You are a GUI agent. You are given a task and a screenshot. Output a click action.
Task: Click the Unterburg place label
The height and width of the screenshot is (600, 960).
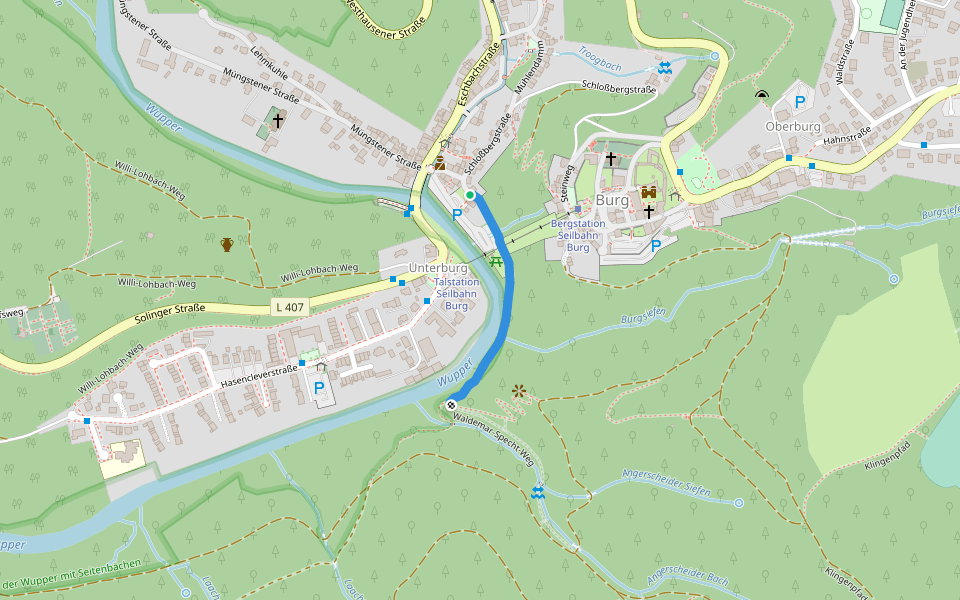tap(438, 269)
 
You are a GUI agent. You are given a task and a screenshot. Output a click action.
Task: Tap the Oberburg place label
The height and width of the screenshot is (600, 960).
tap(792, 127)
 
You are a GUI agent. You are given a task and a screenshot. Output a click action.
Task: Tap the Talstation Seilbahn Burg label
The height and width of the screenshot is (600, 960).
tap(456, 294)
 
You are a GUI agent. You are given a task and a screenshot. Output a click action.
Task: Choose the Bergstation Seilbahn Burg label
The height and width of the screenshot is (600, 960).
tap(578, 235)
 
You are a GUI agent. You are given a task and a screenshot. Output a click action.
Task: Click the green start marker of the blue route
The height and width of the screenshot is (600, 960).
tap(470, 194)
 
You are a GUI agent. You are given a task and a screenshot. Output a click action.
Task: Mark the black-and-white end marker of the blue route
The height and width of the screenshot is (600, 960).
tap(451, 405)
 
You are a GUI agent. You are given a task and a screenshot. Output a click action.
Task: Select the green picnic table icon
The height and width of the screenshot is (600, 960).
tap(496, 260)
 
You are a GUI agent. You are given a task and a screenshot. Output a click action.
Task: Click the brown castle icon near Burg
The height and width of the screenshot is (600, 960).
tap(648, 191)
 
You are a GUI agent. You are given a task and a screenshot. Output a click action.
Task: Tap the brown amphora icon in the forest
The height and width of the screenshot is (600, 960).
tap(227, 243)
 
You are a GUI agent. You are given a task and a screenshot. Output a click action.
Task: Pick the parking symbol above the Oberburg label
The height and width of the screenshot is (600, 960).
tap(799, 101)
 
